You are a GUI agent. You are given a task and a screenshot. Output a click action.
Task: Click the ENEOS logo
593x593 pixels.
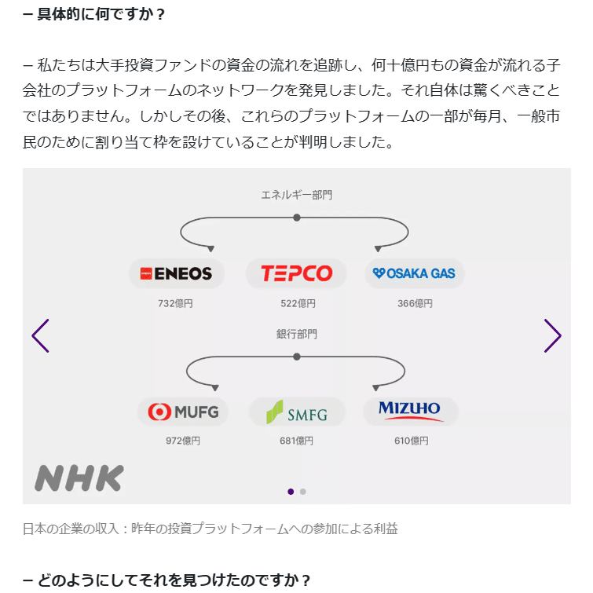[177, 273]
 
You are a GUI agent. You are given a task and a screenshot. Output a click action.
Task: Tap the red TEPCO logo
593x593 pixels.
[296, 273]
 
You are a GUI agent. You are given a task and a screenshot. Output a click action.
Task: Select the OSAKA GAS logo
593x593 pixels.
[414, 273]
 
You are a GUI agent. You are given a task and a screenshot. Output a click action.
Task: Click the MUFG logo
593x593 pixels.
[183, 411]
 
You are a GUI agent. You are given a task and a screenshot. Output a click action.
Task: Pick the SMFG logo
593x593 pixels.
[297, 411]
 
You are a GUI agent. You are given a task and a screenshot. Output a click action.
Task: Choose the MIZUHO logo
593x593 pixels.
[410, 410]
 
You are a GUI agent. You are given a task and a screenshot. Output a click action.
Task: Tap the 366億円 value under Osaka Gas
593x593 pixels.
[415, 303]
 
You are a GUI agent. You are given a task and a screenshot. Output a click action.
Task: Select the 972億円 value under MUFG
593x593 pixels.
[183, 441]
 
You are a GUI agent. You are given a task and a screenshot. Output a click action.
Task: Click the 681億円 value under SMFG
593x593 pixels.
[297, 441]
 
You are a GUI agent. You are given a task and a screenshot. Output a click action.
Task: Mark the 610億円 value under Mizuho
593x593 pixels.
[411, 441]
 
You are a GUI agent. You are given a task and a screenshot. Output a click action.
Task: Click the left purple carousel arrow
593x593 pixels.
[40, 336]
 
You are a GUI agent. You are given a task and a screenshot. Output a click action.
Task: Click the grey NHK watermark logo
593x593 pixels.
[79, 478]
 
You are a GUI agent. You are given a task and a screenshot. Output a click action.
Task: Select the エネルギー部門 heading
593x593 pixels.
[296, 194]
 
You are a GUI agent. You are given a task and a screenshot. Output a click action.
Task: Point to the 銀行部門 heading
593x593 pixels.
[296, 334]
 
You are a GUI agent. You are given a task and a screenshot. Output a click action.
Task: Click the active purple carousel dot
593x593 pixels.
[291, 492]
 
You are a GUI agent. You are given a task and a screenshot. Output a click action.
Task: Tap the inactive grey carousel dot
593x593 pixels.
[303, 492]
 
